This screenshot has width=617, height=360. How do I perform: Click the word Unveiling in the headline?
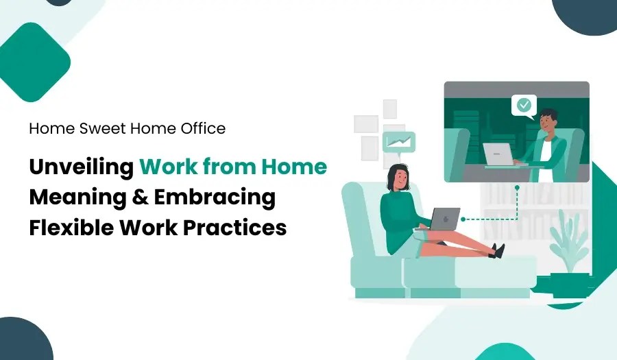pyautogui.click(x=80, y=167)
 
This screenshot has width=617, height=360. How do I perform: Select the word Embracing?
pyautogui.click(x=215, y=197)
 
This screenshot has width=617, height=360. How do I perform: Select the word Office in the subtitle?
pyautogui.click(x=203, y=128)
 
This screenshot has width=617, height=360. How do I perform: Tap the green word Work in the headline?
pyautogui.click(x=169, y=167)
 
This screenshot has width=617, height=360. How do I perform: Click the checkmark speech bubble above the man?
pyautogui.click(x=524, y=106)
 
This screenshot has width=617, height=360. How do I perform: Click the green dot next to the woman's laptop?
pyautogui.click(x=464, y=219)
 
